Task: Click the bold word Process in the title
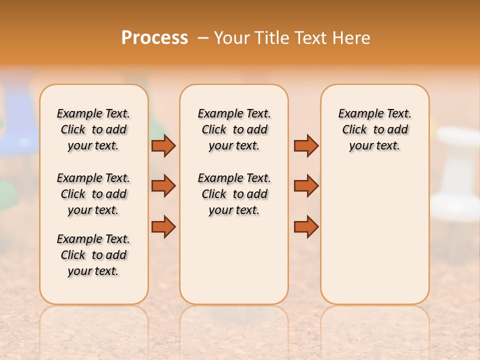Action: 154,38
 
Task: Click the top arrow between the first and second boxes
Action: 163,145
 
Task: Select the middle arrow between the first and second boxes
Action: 163,186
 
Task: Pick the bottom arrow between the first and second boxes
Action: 163,226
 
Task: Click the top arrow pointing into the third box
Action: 306,145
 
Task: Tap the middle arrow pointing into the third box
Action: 306,186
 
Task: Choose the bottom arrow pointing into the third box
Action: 306,226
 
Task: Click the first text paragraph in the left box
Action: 93,129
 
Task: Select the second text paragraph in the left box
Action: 93,194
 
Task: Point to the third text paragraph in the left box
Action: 93,255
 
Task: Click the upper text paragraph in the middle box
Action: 234,129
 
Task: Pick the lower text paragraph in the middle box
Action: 234,194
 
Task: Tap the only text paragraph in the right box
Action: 374,129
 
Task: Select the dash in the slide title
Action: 203,38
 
